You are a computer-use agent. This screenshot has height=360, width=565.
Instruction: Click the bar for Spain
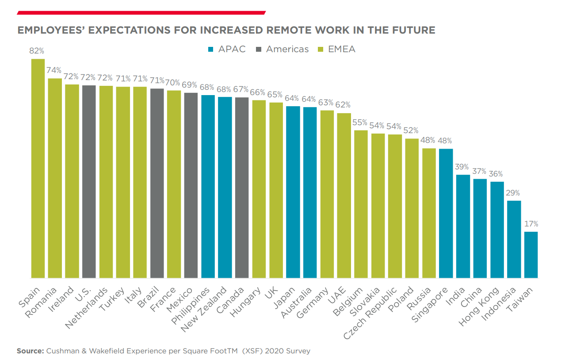pyautogui.click(x=38, y=168)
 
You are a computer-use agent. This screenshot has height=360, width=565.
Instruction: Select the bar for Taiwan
pyautogui.click(x=531, y=255)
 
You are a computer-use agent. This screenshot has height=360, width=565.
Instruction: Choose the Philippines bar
pyautogui.click(x=208, y=186)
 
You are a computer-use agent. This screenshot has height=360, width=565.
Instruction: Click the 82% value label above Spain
pyautogui.click(x=37, y=51)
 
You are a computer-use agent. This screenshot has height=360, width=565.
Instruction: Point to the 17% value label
pyautogui.click(x=531, y=224)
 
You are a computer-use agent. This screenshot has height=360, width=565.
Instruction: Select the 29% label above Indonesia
pyautogui.click(x=514, y=193)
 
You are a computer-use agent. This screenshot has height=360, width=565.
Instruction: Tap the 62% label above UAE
pyautogui.click(x=343, y=105)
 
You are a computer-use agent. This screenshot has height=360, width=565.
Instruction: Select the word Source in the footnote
pyautogui.click(x=30, y=351)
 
